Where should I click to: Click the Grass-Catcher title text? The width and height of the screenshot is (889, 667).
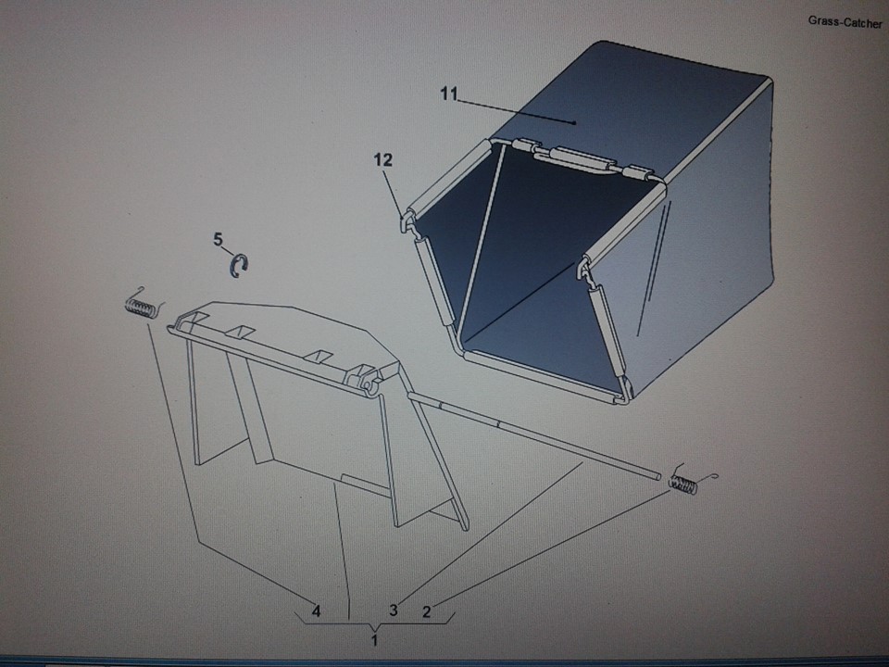[845, 22]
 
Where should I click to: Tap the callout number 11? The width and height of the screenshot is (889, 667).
[448, 94]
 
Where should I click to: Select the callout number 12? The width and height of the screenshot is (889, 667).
[382, 160]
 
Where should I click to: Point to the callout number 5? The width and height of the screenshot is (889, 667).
[219, 239]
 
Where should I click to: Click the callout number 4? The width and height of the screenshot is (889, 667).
[317, 610]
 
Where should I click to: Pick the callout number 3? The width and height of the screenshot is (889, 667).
[394, 610]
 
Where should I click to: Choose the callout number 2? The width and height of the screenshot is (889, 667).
[426, 611]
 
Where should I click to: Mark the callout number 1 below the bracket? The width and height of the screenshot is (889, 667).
[374, 640]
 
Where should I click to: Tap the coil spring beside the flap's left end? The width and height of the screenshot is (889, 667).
[141, 308]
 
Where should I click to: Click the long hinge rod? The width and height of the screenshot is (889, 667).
[533, 434]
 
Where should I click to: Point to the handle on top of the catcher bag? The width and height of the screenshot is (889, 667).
[582, 157]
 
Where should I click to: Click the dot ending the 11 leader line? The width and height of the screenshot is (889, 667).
[574, 122]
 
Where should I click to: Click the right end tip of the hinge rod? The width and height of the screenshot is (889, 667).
[658, 477]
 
